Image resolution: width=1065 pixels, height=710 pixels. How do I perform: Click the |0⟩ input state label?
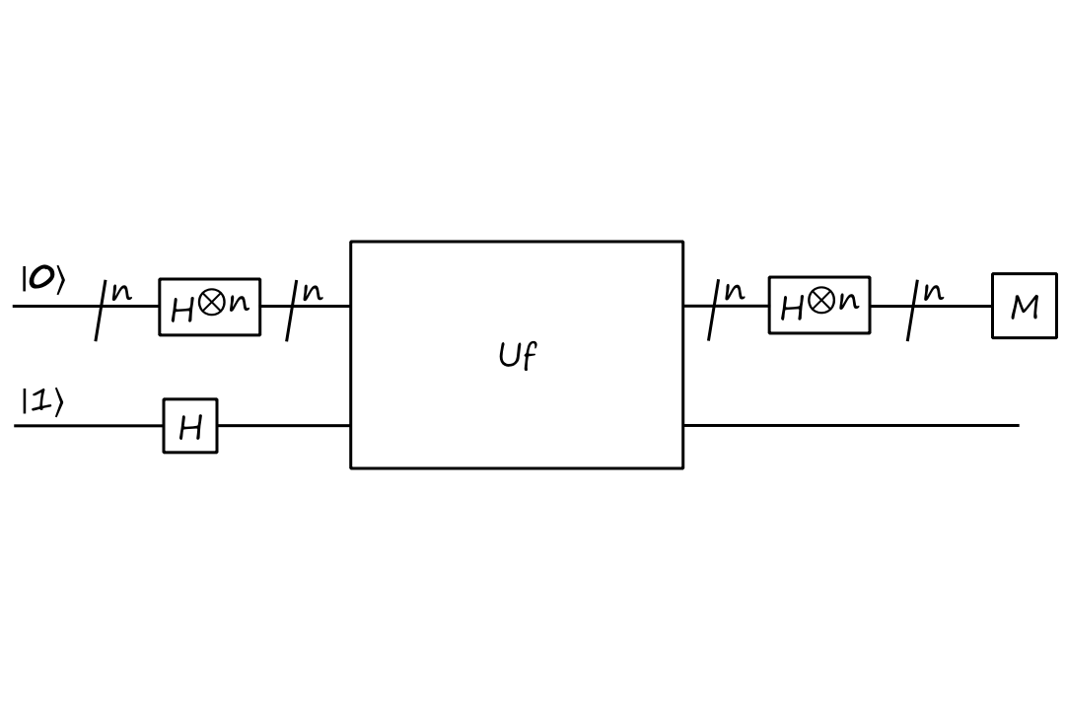tap(42, 280)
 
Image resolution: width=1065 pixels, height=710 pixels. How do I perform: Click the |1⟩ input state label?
tap(42, 402)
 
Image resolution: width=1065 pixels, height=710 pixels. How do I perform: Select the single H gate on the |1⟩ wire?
tap(190, 426)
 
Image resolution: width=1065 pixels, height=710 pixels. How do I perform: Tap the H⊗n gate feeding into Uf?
tap(210, 307)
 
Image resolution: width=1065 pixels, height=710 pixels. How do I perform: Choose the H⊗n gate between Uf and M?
tap(819, 305)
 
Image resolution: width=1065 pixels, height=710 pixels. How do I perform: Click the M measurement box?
tap(1024, 307)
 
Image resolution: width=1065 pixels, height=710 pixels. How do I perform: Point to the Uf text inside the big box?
tap(518, 355)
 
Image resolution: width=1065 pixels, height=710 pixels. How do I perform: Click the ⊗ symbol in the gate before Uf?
tap(210, 304)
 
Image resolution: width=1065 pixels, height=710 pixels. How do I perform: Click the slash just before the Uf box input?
tap(293, 310)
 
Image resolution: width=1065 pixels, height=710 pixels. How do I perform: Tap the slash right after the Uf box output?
tap(714, 310)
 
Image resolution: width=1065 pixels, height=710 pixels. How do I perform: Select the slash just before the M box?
tap(914, 310)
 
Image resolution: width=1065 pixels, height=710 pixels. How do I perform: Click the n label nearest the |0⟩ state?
tap(120, 293)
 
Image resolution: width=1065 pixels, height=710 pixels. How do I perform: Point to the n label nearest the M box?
tap(933, 292)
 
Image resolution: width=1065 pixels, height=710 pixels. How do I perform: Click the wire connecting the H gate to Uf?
tap(283, 426)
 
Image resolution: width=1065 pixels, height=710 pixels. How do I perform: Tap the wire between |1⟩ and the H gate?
tap(89, 426)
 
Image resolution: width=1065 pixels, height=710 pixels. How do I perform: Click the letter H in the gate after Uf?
tap(792, 309)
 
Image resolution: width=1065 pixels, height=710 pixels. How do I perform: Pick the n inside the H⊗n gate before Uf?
tap(239, 303)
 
